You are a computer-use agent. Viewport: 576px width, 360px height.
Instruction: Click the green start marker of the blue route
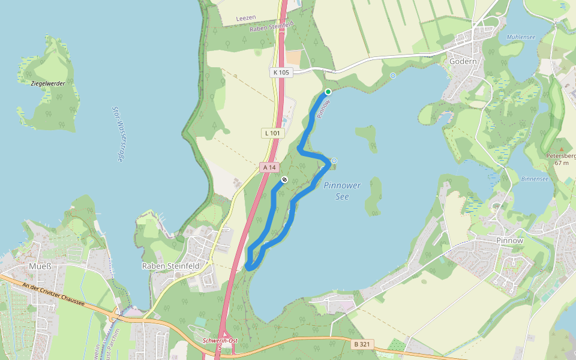328,92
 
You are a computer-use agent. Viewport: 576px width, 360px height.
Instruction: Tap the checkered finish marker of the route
284,179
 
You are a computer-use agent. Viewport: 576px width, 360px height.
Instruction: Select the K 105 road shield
280,73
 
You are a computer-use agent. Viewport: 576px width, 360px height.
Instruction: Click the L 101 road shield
272,133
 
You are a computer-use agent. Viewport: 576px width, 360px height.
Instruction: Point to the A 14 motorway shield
268,167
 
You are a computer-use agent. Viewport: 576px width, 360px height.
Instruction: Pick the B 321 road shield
361,344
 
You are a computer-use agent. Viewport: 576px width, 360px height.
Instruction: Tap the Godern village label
463,61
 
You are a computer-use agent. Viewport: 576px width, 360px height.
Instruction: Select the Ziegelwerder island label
47,83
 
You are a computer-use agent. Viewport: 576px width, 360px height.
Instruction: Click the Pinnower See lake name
342,191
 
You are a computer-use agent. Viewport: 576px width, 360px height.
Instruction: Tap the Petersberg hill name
560,156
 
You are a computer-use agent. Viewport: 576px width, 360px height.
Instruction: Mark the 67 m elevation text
560,163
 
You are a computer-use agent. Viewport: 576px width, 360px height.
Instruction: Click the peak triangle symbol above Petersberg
562,148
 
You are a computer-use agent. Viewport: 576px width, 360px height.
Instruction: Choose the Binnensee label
534,179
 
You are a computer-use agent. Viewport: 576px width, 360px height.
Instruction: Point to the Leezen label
246,19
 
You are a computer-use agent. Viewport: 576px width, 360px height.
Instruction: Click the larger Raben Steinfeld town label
170,265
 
